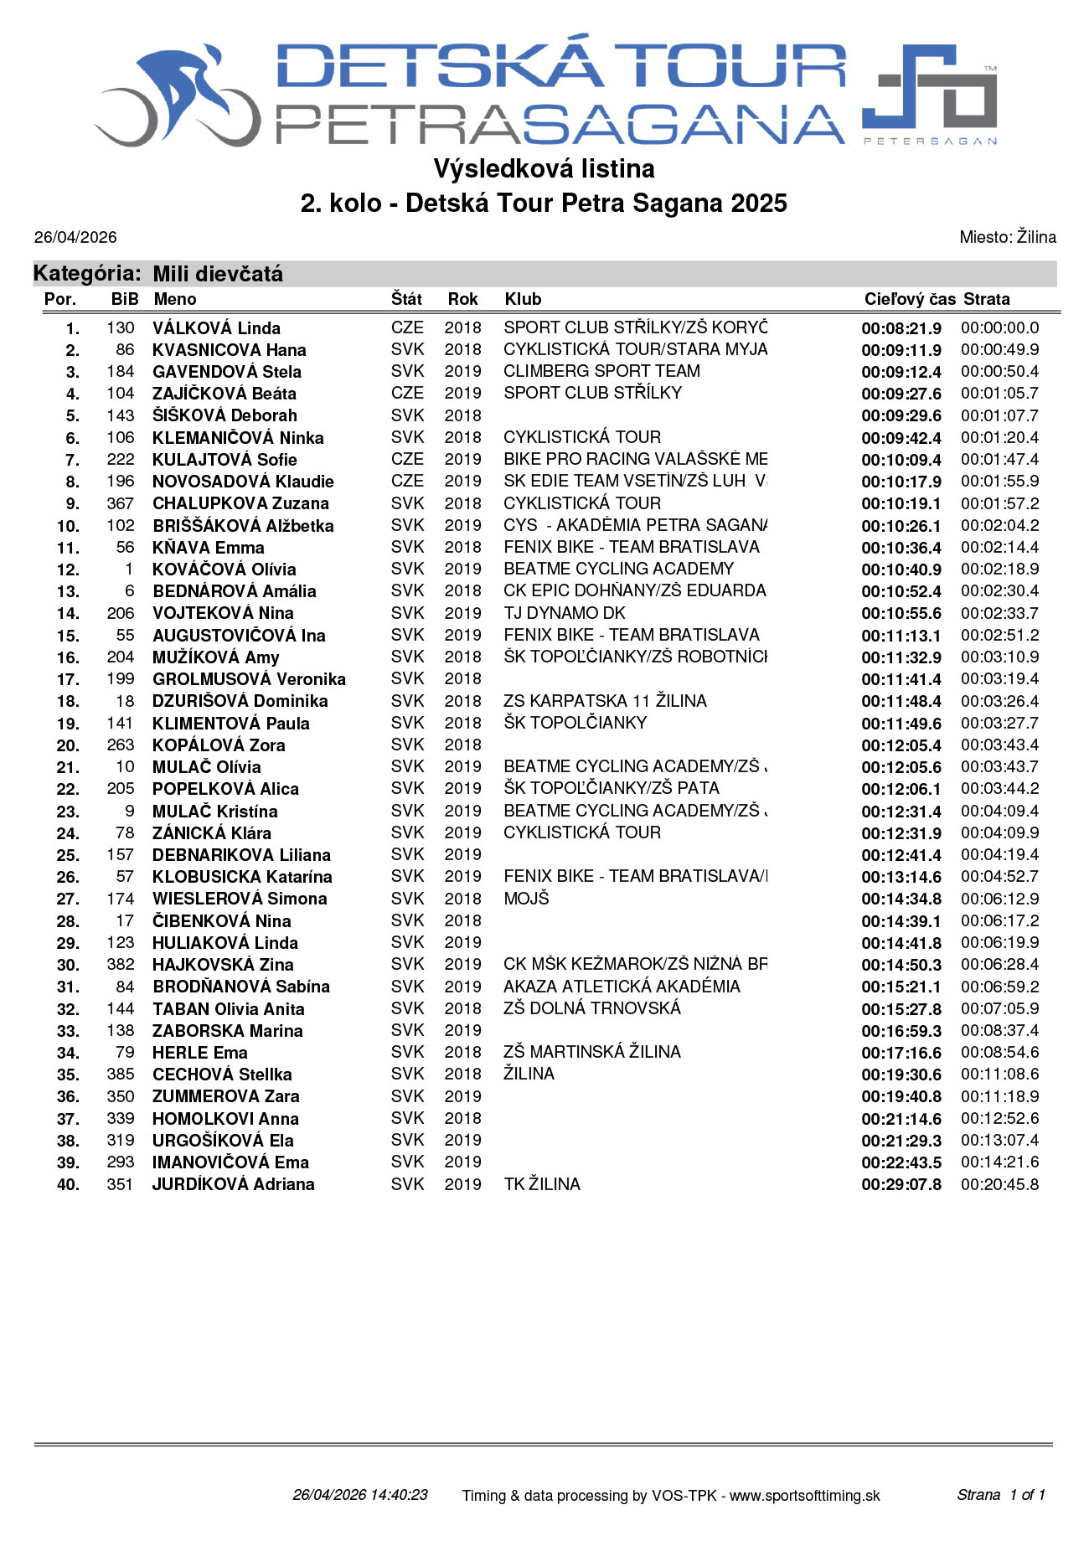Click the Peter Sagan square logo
point(929,89)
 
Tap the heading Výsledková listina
point(544,169)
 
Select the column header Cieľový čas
point(909,299)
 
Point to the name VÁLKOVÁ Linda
point(216,328)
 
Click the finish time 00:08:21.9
point(901,328)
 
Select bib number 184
point(121,371)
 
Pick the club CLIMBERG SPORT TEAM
point(601,371)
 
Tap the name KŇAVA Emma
point(209,548)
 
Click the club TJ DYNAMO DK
point(564,613)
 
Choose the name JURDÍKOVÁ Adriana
point(233,1184)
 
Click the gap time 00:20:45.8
point(999,1184)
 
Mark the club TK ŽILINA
point(541,1184)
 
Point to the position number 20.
point(68,745)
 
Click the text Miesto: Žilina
point(1007,237)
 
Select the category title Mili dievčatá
point(218,274)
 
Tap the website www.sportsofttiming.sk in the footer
point(804,1495)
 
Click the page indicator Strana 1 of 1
point(1000,1495)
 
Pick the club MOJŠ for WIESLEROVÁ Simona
point(526,899)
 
